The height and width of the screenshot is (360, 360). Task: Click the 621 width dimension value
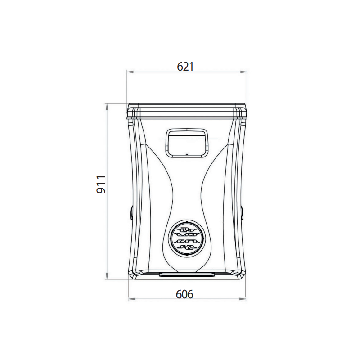(x=185, y=67)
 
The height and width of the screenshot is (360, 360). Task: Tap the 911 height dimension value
(x=101, y=184)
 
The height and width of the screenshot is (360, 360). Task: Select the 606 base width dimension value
(x=184, y=294)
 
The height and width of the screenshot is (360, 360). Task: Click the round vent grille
(x=187, y=238)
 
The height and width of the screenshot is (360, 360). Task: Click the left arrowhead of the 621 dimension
(x=130, y=72)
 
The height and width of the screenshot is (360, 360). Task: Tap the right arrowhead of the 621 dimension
(x=243, y=72)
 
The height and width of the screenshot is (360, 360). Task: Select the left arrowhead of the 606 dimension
(x=132, y=299)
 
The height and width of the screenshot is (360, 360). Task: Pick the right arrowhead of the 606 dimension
(x=243, y=299)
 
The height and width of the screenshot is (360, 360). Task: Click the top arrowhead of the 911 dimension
(x=107, y=107)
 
